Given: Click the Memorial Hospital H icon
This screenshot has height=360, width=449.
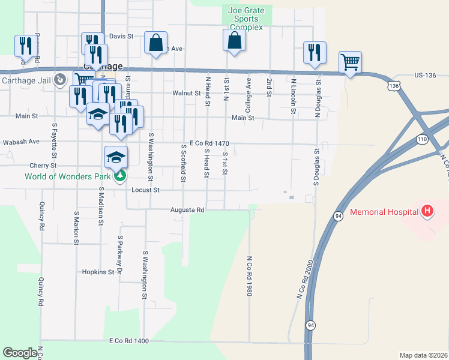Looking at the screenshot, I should point(427,211).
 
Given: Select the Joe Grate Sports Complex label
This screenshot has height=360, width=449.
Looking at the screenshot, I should point(247,19).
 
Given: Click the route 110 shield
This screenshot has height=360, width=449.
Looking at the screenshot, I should point(421,139).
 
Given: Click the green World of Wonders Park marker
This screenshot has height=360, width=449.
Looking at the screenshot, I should point(121,176).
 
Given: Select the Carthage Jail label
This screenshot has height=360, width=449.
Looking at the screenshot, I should point(26,80).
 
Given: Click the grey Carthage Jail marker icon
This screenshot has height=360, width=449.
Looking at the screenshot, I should point(60,80).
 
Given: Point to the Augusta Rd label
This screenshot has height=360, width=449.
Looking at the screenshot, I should point(187,211).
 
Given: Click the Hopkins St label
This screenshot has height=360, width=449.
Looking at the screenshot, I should point(99,272).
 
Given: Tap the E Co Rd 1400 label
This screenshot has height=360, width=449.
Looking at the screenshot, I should point(128,341).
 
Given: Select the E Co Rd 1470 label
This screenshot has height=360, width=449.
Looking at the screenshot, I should point(209,143).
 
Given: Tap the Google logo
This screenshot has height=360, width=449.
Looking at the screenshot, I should point(20,353).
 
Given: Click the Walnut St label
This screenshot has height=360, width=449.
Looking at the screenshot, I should point(186,93).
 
